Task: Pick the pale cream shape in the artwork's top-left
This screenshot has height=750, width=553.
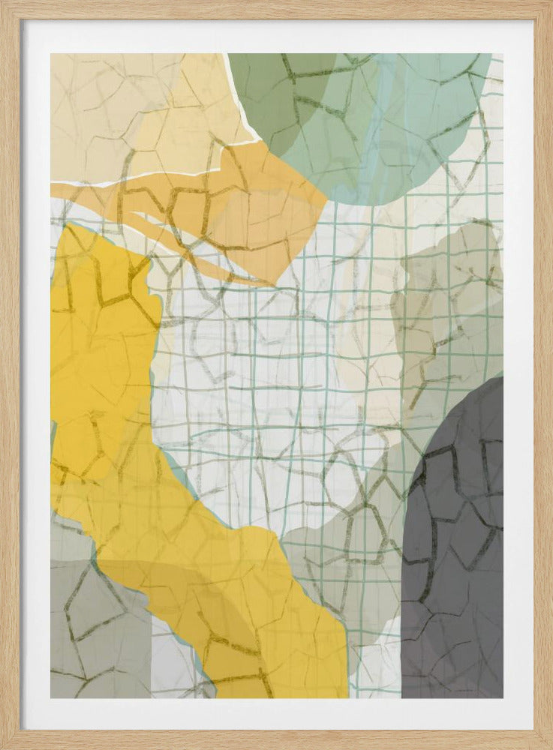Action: coord(113,112)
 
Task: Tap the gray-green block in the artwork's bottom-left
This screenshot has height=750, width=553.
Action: coord(90,630)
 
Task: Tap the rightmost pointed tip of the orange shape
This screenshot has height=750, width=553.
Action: coord(326,199)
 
